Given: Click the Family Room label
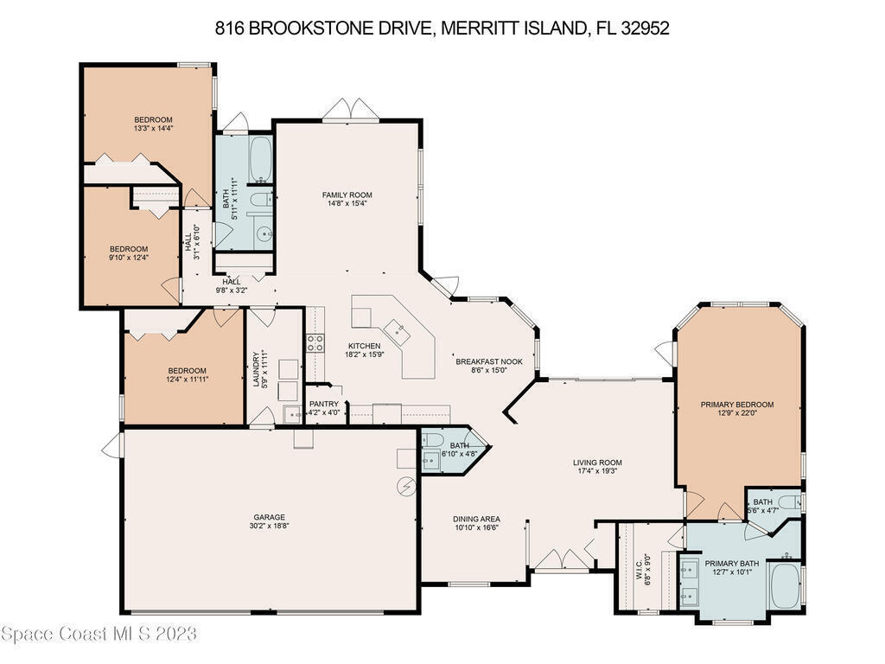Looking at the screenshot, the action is (347, 195).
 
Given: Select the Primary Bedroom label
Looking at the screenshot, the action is (737, 405).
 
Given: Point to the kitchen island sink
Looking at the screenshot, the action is (398, 329).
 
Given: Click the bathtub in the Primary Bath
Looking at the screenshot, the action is (785, 585).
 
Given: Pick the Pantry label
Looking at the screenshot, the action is (324, 404).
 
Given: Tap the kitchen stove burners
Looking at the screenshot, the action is (315, 342).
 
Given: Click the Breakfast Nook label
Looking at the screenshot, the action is (489, 362).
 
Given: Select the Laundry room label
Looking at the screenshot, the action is (256, 370).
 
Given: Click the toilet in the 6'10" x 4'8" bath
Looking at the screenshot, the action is (433, 439).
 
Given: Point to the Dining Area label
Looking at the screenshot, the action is (476, 520).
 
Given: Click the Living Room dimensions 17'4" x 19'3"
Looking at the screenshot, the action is (597, 471).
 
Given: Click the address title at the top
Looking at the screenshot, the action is (442, 28).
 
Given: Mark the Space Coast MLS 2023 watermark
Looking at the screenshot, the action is (99, 634).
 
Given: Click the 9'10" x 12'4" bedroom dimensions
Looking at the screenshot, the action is (129, 258).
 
